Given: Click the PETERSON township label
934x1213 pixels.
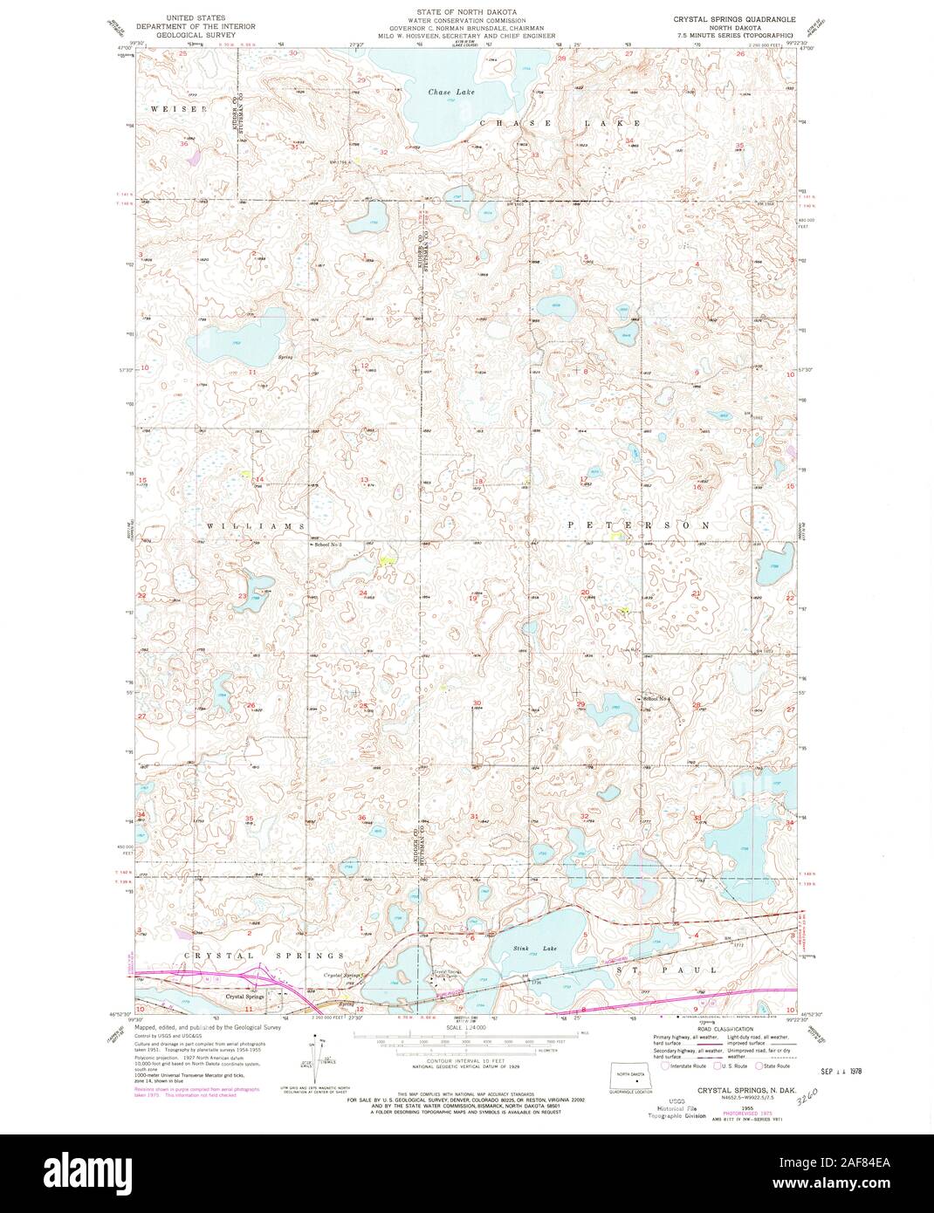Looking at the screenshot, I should [638, 525].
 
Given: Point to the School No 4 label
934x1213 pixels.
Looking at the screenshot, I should [656, 698].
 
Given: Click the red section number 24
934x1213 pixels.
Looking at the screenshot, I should [363, 593].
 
